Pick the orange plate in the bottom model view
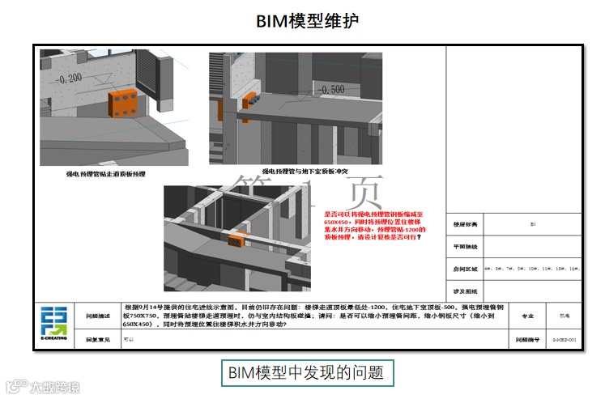[237, 240]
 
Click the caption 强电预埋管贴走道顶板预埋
[106, 173]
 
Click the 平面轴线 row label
[464, 246]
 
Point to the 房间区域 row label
[464, 268]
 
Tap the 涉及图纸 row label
[464, 290]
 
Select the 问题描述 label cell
[99, 316]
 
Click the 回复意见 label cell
[99, 341]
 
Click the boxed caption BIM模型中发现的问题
[308, 373]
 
